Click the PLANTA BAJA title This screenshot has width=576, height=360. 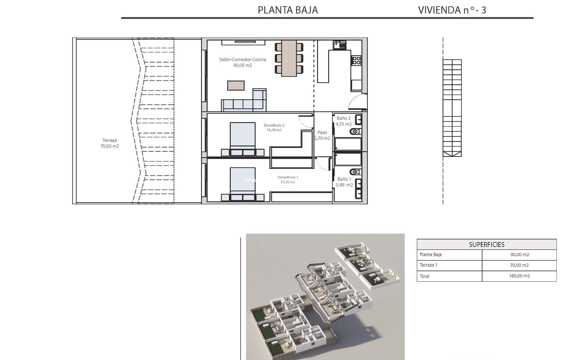point(288,10)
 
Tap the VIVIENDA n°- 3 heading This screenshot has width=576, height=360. point(452,10)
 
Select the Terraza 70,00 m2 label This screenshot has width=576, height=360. point(109,143)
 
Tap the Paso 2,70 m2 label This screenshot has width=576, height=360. point(322,135)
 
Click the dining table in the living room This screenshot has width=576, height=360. point(289,58)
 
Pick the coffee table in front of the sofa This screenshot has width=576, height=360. point(236,85)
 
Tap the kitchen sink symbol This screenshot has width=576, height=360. point(339,45)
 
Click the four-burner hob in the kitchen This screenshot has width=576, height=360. point(356,60)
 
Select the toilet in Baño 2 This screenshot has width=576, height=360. point(355,131)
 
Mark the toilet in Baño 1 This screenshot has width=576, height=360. point(355,172)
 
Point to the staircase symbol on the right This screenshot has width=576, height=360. point(452,108)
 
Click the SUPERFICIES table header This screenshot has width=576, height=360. point(487,244)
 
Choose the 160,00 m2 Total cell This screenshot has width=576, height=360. point(519,276)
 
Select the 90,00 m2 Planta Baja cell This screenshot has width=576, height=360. point(519,254)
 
